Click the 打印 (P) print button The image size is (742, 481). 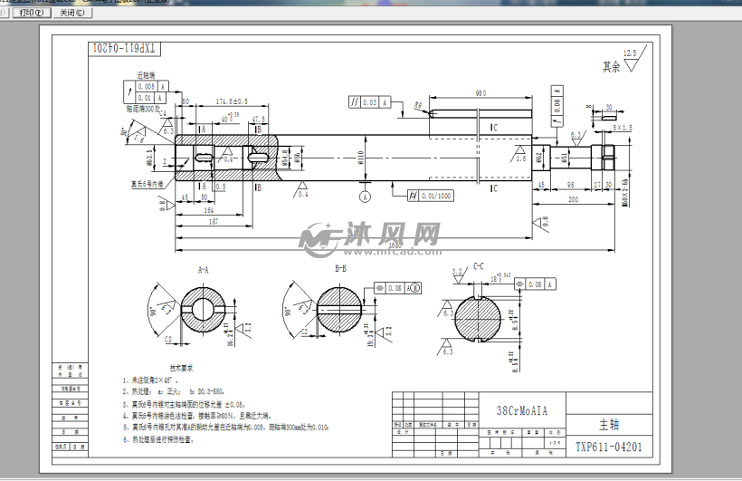(x=29, y=14)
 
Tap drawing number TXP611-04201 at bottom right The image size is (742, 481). (x=609, y=447)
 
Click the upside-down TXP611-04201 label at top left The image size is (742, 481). (x=124, y=48)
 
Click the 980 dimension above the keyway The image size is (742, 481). (x=480, y=94)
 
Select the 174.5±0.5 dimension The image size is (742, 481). (x=233, y=101)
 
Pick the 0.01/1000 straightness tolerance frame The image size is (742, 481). (x=431, y=196)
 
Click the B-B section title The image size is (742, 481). (x=341, y=269)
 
